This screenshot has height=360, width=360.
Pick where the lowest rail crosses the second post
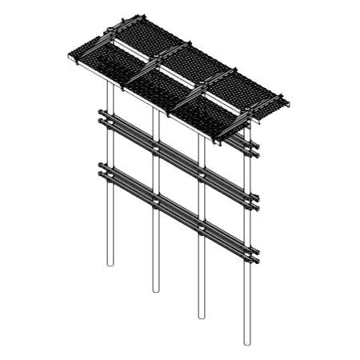click(x=155, y=200)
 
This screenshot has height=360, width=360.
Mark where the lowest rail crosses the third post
click(x=201, y=226)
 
